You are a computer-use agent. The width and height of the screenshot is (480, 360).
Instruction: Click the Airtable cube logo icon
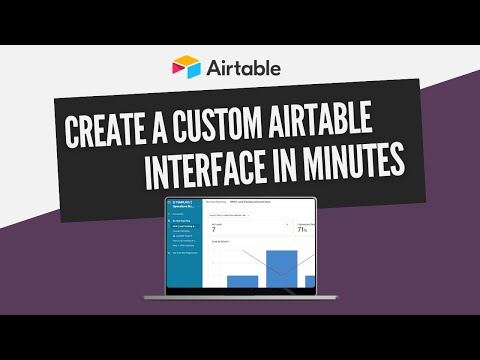186,68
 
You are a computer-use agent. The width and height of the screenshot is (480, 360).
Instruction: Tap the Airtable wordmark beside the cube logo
244,68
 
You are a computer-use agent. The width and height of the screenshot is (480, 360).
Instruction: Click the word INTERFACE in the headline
213,172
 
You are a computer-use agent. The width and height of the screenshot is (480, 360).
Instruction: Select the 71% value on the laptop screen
301,229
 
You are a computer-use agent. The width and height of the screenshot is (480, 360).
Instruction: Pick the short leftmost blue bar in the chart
242,280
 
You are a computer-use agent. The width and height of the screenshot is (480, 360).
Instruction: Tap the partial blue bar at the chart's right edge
309,280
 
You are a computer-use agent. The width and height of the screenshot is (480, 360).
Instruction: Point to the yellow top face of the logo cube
186,61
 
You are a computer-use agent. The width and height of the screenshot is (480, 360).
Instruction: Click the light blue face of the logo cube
192,71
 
